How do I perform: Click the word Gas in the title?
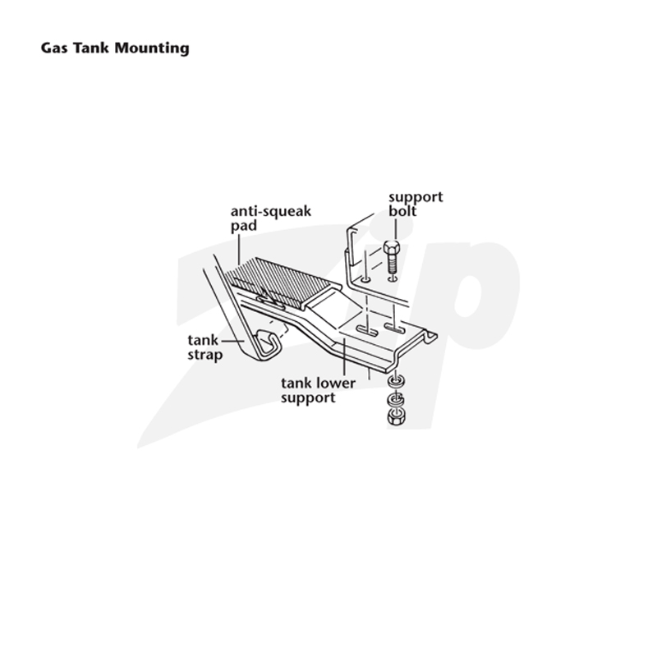click(53, 48)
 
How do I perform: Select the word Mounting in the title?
click(152, 48)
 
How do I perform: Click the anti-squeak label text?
click(271, 211)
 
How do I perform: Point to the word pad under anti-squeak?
click(243, 226)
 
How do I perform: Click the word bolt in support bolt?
click(402, 211)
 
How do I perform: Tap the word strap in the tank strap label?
click(204, 356)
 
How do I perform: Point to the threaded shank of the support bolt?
click(393, 263)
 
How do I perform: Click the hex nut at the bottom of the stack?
click(395, 417)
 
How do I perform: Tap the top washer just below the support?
click(396, 382)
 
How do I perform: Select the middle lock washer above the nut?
click(396, 399)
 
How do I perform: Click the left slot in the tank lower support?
click(367, 332)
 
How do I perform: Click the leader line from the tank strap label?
click(233, 342)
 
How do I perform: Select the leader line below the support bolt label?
click(396, 229)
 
